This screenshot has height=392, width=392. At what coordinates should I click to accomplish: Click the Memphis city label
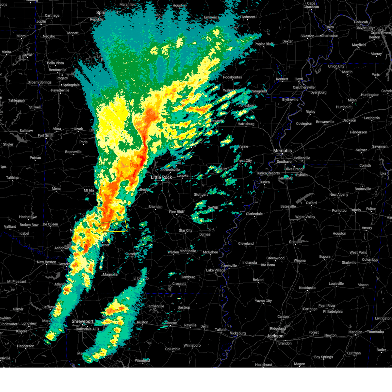(x=282, y=151)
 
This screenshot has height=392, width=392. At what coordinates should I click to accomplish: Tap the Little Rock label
(x=161, y=177)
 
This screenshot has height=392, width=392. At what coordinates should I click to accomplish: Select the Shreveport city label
(x=82, y=322)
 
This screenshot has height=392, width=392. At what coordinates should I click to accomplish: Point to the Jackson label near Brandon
(x=275, y=336)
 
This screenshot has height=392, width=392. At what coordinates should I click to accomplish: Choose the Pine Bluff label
(x=177, y=212)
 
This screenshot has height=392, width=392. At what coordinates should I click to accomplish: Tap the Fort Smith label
(x=46, y=136)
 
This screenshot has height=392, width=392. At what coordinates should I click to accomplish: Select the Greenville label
(x=229, y=266)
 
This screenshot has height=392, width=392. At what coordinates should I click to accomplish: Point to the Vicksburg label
(x=237, y=333)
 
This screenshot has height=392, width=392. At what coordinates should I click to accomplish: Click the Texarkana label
(x=64, y=264)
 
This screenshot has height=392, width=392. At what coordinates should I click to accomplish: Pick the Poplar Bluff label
(x=264, y=44)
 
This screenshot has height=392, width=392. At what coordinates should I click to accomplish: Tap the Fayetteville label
(x=60, y=90)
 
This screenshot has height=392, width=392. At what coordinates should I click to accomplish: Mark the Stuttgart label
(x=201, y=195)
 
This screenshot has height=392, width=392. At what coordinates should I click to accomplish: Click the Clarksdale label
(x=254, y=214)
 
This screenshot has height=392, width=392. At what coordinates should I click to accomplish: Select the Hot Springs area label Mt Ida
(x=89, y=190)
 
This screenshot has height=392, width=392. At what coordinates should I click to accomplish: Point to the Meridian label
(x=355, y=332)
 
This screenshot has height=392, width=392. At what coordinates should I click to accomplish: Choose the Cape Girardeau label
(x=311, y=5)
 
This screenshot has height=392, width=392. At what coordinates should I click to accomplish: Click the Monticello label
(x=188, y=251)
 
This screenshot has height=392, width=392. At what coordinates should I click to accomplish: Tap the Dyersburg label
(x=318, y=92)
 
